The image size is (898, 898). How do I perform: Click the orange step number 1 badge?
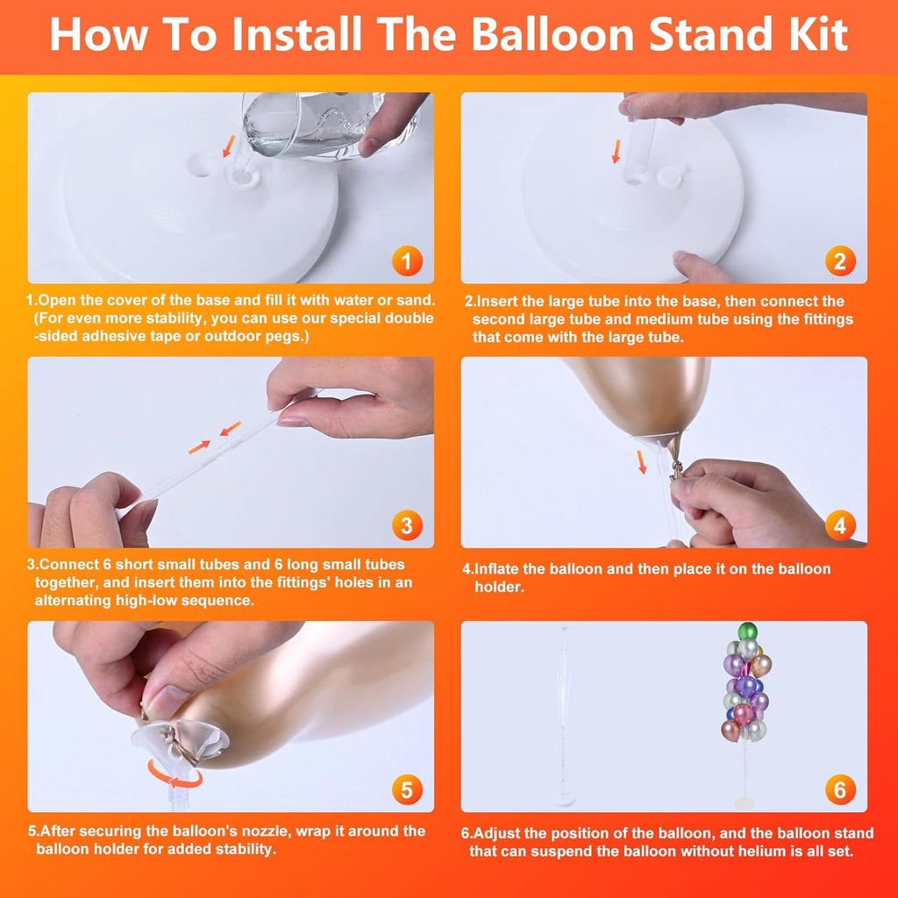tap(407, 260)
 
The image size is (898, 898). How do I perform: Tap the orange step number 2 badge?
tap(840, 260)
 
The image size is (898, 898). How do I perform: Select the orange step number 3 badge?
tap(407, 525)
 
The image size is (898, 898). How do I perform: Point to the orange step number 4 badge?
tap(840, 525)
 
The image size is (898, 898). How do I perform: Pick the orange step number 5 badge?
tap(407, 790)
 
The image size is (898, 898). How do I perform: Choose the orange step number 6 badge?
tap(840, 790)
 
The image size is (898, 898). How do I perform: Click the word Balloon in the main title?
tap(552, 34)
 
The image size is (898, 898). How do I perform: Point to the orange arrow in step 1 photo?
tap(229, 146)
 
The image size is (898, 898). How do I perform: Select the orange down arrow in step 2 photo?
tap(616, 151)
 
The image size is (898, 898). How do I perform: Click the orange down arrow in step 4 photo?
tap(642, 461)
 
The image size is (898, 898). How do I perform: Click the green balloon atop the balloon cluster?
tap(747, 631)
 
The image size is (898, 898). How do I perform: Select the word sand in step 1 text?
tap(415, 300)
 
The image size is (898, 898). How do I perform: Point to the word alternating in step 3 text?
tap(72, 600)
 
